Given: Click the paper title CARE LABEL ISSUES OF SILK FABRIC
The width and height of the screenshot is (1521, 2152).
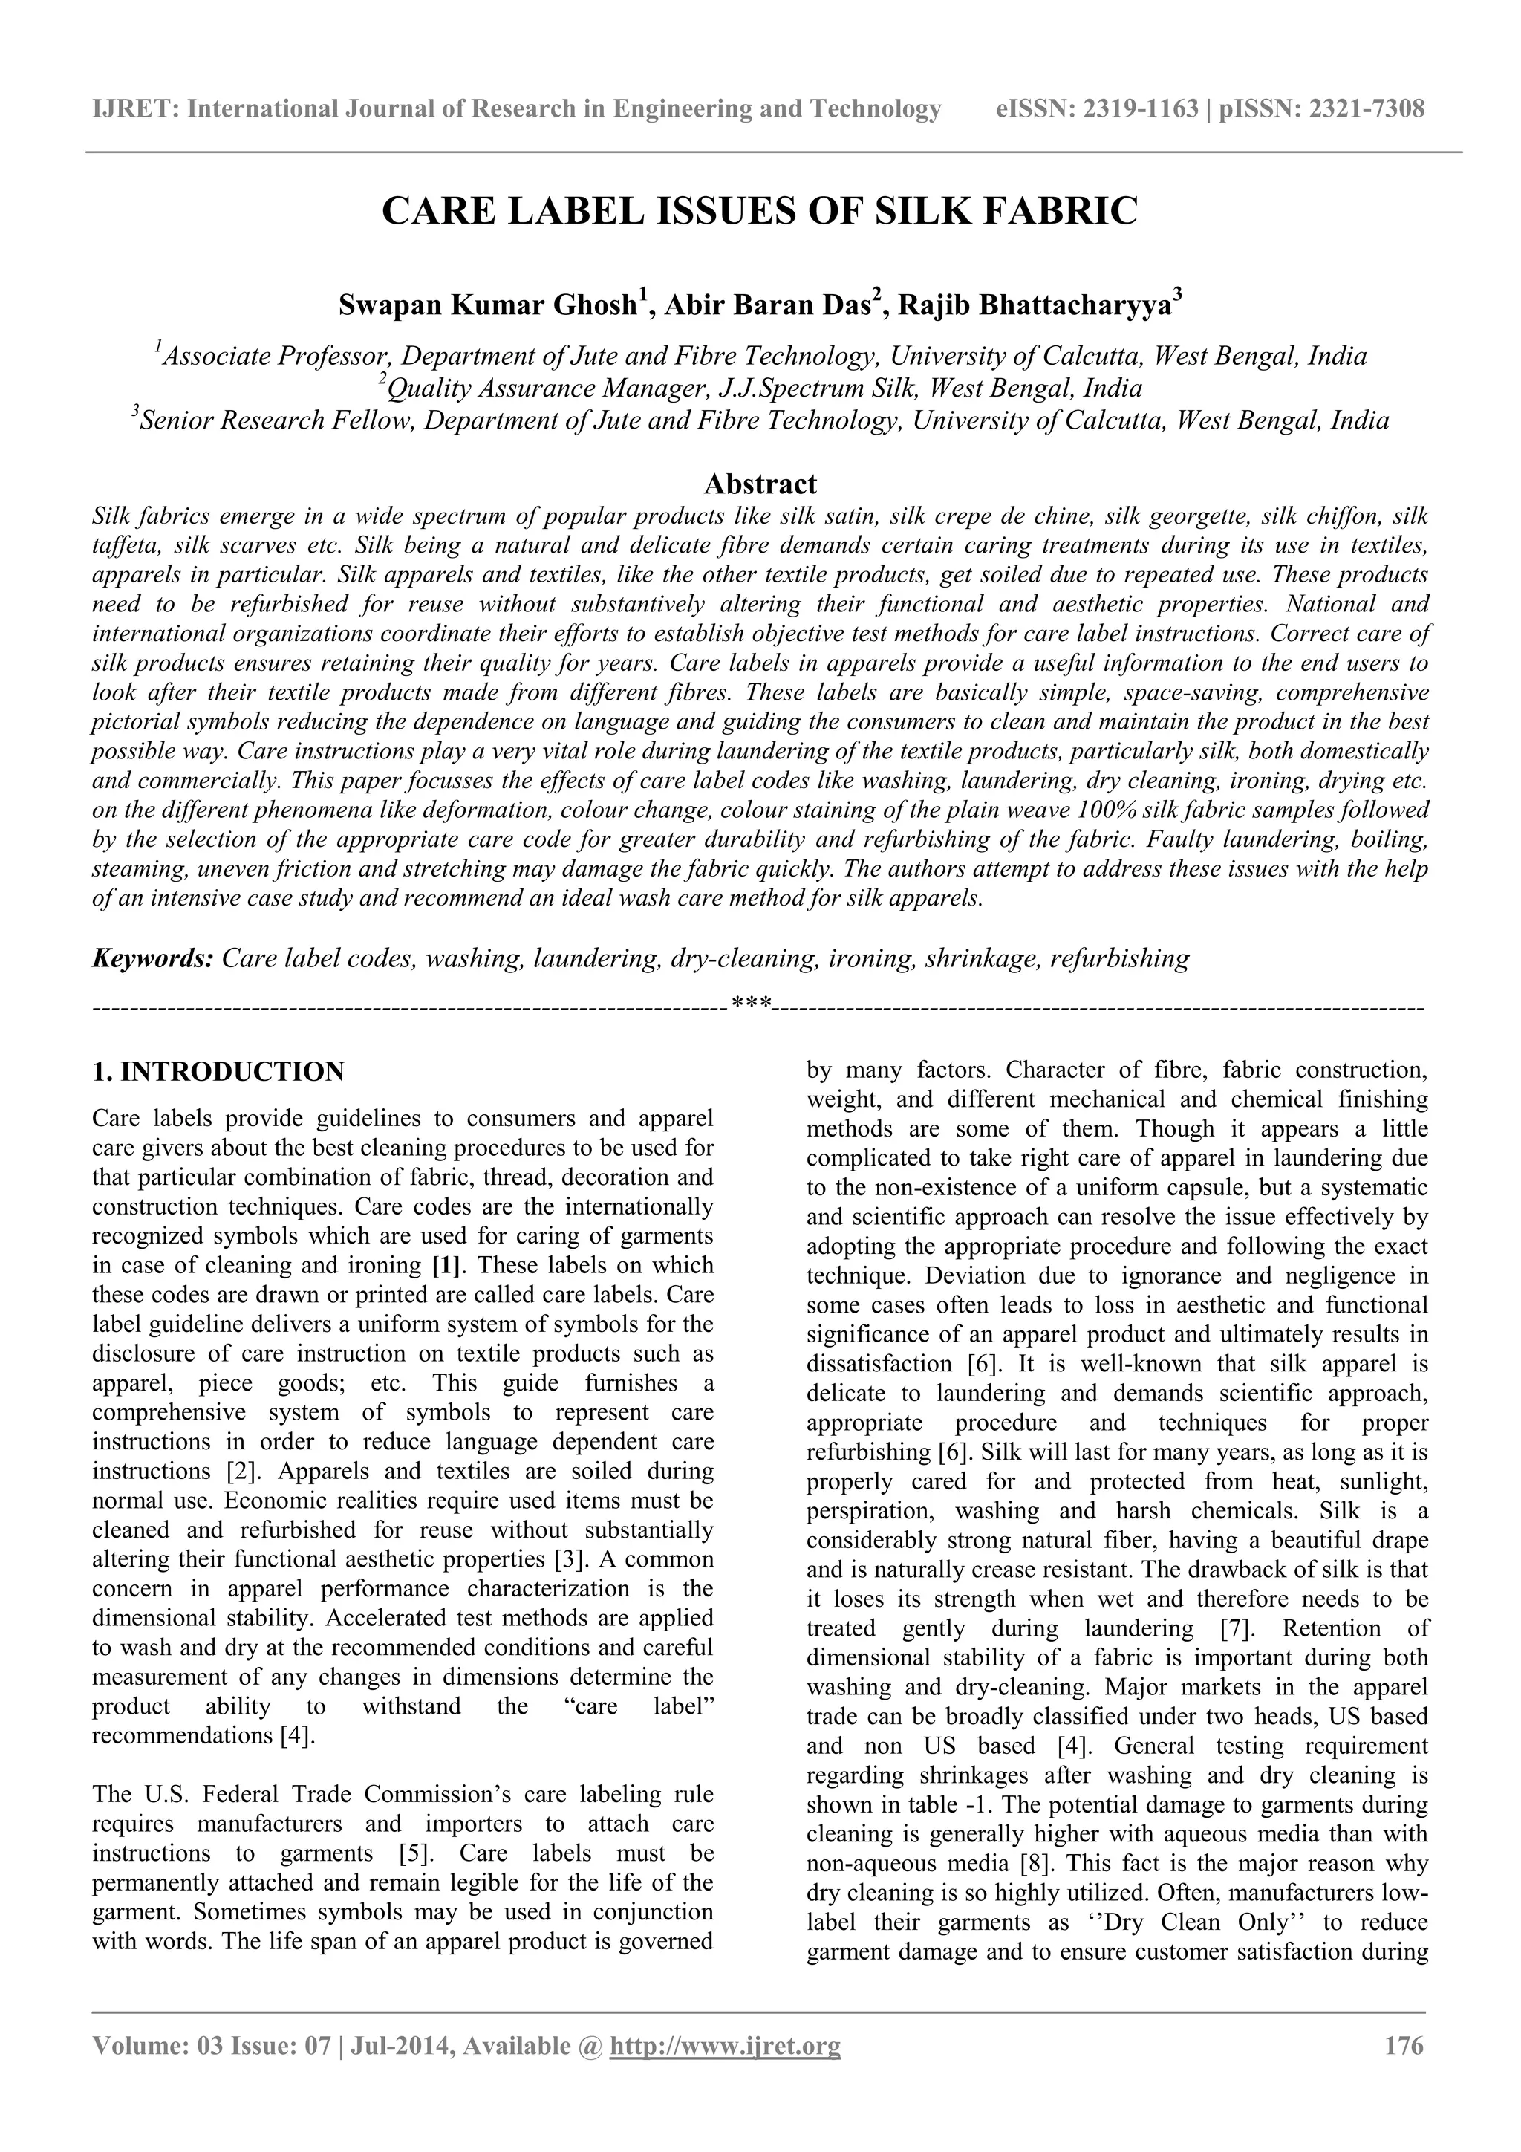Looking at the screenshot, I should tap(760, 211).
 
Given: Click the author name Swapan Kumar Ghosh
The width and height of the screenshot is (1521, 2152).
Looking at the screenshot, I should tap(487, 307).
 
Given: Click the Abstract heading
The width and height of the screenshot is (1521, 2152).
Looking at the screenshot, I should tap(760, 484).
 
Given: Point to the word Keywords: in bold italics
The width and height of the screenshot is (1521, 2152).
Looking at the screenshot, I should tap(154, 958).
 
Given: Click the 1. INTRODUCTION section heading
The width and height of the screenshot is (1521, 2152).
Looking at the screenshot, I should tap(218, 1071).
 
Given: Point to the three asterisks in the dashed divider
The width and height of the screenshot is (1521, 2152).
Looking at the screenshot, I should tap(751, 1006).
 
